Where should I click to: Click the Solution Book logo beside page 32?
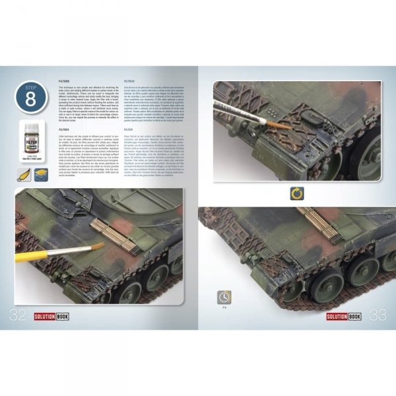click(x=53, y=317)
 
